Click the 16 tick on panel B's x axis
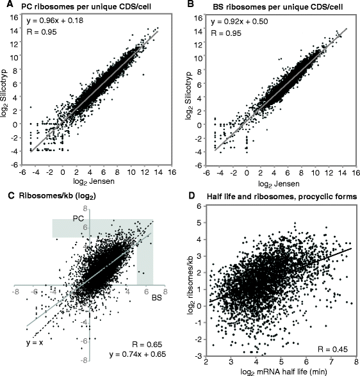point(350,172)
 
